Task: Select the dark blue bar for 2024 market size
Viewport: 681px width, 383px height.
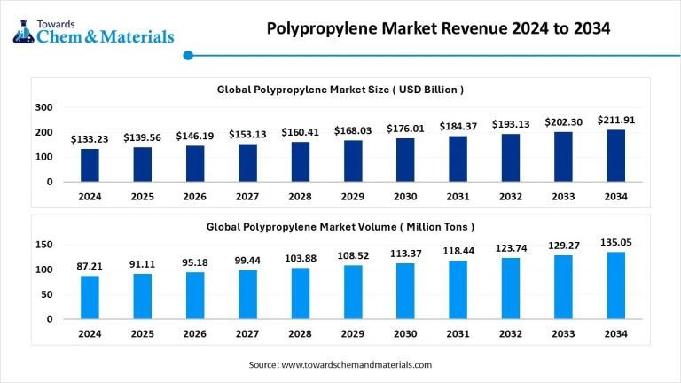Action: (x=90, y=165)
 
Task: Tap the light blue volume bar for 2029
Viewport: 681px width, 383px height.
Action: (x=353, y=292)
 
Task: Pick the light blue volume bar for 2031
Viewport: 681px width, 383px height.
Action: (x=458, y=290)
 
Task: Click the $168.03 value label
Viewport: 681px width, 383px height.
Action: (x=352, y=130)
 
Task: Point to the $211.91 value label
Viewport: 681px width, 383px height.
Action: (x=616, y=120)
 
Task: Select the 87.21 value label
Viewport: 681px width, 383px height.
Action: (x=90, y=265)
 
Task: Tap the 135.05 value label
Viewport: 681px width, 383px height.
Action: (x=616, y=241)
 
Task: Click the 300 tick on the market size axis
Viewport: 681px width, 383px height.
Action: (x=43, y=107)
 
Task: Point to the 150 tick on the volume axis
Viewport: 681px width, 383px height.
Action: (x=43, y=245)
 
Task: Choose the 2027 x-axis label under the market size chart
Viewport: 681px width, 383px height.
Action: (x=247, y=197)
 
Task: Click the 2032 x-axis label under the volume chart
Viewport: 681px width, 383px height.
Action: (x=511, y=333)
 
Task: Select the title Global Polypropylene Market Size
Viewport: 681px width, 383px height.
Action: (x=340, y=90)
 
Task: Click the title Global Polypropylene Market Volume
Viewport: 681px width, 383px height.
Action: (x=340, y=227)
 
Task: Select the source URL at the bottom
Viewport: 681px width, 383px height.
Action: (x=340, y=364)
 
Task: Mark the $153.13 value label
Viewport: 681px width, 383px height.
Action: (x=247, y=134)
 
